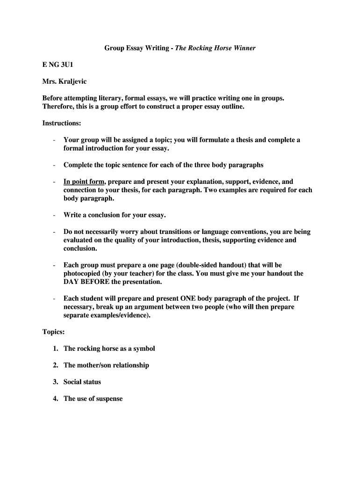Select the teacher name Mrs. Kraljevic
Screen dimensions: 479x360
tap(65, 82)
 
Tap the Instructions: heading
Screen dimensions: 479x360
tap(62, 123)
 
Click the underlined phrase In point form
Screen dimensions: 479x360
tap(84, 181)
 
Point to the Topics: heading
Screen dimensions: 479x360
tap(54, 332)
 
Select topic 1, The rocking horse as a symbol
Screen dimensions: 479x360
tap(109, 348)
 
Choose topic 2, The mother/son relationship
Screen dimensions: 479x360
tap(106, 365)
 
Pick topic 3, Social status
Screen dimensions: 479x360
tap(82, 382)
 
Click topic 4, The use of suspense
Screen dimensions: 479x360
tap(93, 399)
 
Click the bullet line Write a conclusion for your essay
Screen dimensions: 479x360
tap(115, 215)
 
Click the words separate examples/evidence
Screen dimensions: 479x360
tap(107, 315)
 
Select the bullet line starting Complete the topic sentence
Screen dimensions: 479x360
tap(163, 165)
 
